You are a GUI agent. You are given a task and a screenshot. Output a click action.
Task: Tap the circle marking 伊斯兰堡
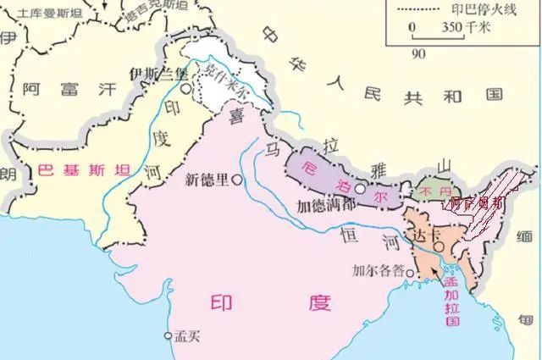click(185, 87)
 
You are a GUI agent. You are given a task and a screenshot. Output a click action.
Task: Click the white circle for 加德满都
click(361, 189)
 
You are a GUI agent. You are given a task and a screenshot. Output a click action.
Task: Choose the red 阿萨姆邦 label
click(477, 203)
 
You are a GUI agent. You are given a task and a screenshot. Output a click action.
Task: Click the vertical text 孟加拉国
click(453, 298)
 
